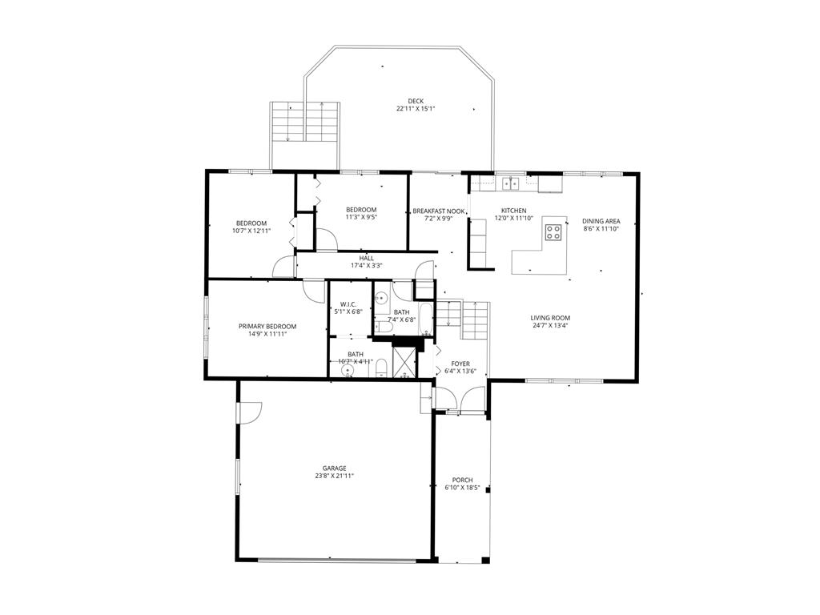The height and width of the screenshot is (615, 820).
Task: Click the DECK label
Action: click(x=416, y=101)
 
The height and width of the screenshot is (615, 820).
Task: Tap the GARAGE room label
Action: click(x=334, y=468)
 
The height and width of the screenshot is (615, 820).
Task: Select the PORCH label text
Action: click(x=462, y=480)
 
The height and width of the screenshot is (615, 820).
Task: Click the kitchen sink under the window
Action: click(x=510, y=183)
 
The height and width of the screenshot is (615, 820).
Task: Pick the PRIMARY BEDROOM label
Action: click(x=267, y=327)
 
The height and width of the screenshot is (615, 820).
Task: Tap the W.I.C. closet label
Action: click(x=348, y=304)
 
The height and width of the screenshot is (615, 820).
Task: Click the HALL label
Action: click(x=367, y=259)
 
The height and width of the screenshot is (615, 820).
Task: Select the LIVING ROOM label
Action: click(x=550, y=318)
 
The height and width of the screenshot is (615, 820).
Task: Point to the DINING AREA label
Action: click(x=601, y=221)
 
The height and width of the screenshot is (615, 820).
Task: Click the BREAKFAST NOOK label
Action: click(x=438, y=211)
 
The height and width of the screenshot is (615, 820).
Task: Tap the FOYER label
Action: click(x=460, y=364)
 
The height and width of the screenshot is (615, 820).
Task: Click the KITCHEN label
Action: click(x=513, y=211)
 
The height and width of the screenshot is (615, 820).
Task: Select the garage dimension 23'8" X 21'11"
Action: click(x=334, y=476)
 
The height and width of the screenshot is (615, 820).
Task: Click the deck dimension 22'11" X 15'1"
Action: click(x=416, y=109)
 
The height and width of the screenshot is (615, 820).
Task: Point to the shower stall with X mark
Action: click(x=404, y=361)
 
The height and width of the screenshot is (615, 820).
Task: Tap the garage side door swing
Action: click(x=249, y=412)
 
